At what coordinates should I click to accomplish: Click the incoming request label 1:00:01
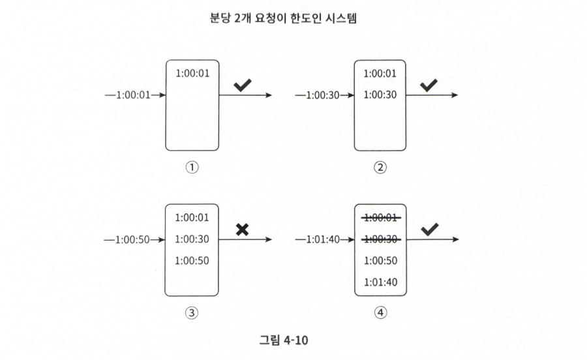click(133, 95)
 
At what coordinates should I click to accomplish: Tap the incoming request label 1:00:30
click(323, 95)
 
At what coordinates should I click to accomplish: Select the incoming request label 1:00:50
click(132, 239)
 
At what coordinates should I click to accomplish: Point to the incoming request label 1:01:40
click(323, 239)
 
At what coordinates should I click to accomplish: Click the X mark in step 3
click(243, 230)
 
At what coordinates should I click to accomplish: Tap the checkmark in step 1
click(243, 85)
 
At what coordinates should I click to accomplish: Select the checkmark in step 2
click(429, 85)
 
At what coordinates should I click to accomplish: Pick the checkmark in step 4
click(430, 230)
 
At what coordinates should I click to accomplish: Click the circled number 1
click(192, 167)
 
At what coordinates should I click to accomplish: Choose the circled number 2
click(380, 167)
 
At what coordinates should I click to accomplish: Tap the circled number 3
click(192, 312)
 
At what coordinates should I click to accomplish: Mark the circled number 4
click(381, 312)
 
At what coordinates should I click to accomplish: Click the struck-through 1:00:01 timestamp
click(381, 218)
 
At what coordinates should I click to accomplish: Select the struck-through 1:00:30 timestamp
click(381, 239)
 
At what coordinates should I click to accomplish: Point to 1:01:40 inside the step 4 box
click(381, 282)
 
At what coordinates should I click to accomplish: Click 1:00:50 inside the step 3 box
click(192, 261)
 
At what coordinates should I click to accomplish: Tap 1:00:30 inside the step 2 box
click(380, 95)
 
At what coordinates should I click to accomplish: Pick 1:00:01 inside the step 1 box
click(192, 73)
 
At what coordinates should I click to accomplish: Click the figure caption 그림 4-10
click(284, 340)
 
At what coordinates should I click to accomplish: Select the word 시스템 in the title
click(341, 18)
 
